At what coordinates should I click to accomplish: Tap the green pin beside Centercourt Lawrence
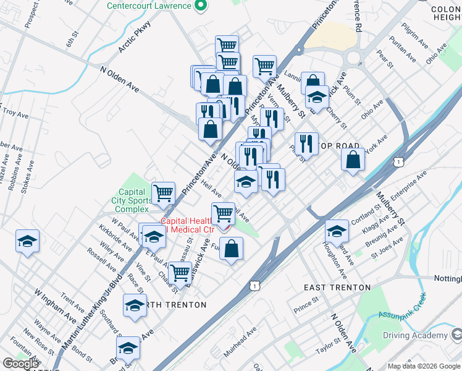(199, 6)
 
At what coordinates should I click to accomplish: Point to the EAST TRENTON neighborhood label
(337, 288)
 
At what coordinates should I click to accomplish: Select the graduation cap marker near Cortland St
(337, 231)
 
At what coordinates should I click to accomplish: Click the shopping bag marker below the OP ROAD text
(352, 160)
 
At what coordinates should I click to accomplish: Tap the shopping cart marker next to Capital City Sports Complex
(163, 193)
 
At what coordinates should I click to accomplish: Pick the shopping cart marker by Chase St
(180, 272)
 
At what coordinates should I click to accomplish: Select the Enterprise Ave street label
(409, 185)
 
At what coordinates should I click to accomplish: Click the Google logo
(20, 364)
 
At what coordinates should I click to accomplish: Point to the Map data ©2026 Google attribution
(424, 366)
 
